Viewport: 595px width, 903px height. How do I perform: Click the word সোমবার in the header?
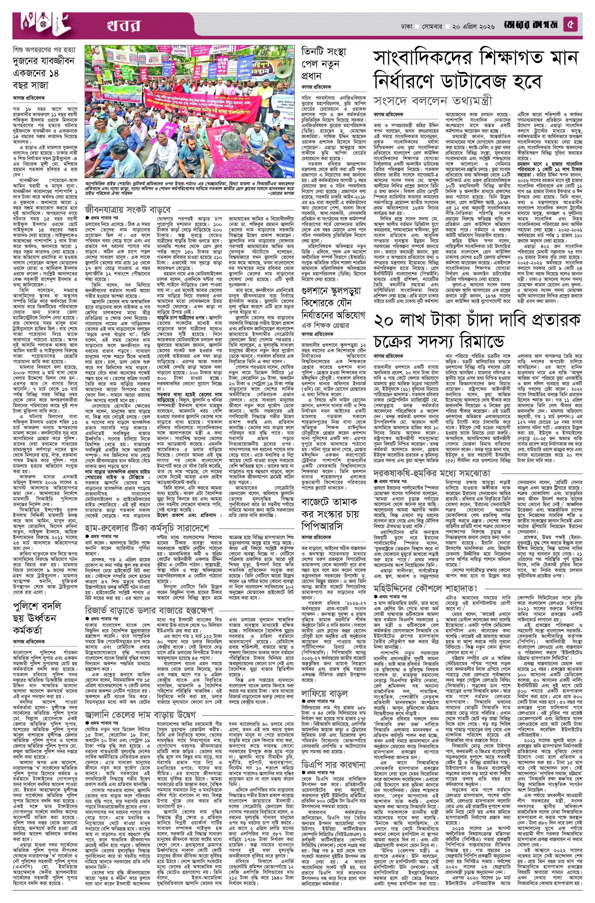(x=431, y=27)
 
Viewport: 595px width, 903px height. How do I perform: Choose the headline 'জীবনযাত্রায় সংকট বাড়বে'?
(x=128, y=209)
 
